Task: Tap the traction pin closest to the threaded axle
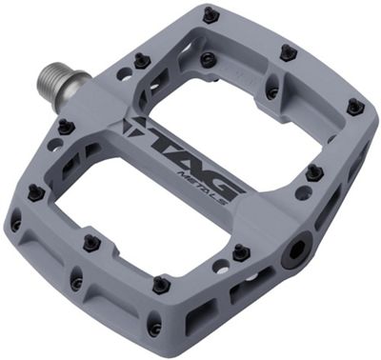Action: click(x=141, y=60)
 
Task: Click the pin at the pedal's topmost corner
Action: click(x=211, y=14)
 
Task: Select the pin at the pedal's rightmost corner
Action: click(x=358, y=107)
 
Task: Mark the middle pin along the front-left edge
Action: click(x=90, y=243)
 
